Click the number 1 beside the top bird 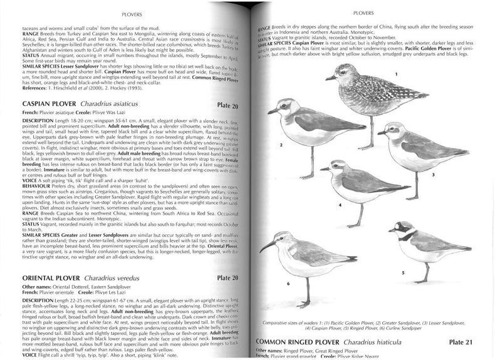395,91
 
